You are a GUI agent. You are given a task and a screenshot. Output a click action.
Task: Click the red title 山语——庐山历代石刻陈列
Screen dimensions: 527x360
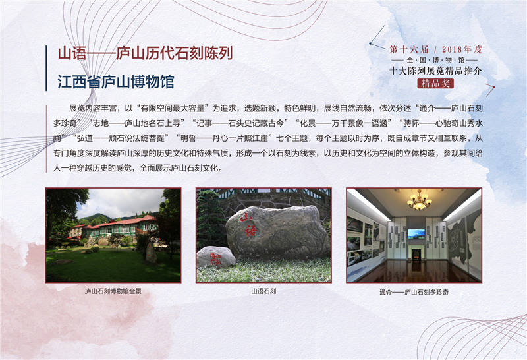[145, 54]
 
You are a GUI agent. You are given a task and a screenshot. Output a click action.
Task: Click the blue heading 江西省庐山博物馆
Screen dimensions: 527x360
[116, 82]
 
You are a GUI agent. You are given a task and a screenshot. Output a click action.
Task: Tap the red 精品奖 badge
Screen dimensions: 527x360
[435, 84]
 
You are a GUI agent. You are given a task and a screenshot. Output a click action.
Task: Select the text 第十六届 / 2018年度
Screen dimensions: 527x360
[436, 50]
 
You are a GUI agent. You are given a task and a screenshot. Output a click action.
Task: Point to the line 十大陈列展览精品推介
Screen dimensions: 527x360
[435, 71]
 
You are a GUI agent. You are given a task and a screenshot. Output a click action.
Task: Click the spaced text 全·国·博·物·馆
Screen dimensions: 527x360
[435, 60]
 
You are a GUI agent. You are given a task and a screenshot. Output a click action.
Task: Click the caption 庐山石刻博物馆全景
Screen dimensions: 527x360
[113, 291]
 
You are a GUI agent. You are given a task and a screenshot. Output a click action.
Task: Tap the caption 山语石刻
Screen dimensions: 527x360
[263, 291]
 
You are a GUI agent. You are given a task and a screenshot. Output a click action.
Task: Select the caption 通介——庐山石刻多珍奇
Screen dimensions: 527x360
[414, 292]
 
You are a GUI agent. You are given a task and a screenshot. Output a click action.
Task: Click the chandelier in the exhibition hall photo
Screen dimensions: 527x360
[420, 200]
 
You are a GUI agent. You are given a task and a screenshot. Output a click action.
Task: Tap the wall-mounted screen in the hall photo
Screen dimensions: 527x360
[416, 234]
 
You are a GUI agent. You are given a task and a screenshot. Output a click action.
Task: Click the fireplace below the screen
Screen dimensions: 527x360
[416, 253]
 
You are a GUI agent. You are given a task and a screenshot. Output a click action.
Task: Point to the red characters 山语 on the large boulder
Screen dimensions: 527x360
[249, 224]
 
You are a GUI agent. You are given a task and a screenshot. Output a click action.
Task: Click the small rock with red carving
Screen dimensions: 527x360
[216, 257]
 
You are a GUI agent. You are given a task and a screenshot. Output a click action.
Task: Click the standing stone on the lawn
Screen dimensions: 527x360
[151, 253]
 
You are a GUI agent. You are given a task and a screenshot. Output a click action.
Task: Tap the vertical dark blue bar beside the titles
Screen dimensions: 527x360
[46, 69]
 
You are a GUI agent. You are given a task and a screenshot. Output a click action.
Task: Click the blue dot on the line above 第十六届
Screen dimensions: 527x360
[370, 44]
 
